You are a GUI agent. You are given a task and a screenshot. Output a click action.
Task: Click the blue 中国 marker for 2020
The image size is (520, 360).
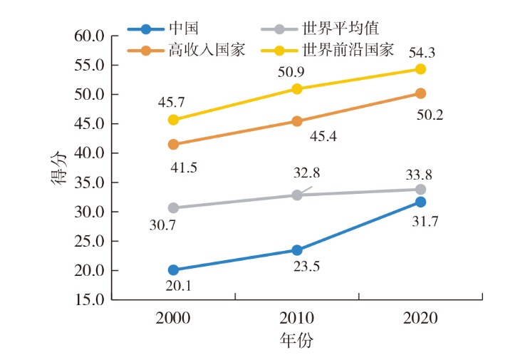420,202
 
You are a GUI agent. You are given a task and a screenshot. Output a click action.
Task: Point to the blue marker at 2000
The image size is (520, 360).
173,270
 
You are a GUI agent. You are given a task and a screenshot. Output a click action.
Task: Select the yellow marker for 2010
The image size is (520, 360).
297,88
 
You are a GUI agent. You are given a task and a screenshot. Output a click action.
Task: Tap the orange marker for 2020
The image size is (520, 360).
420,93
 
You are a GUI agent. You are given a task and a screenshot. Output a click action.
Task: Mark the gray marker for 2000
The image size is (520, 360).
173,207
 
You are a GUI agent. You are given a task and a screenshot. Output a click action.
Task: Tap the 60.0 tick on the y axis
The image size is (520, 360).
90,36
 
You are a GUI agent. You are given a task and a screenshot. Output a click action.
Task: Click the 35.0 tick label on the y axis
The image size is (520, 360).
90,182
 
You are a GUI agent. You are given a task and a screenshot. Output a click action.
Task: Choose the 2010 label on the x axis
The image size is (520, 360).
296,318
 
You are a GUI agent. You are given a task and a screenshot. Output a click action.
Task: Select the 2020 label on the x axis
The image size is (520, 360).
420,318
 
